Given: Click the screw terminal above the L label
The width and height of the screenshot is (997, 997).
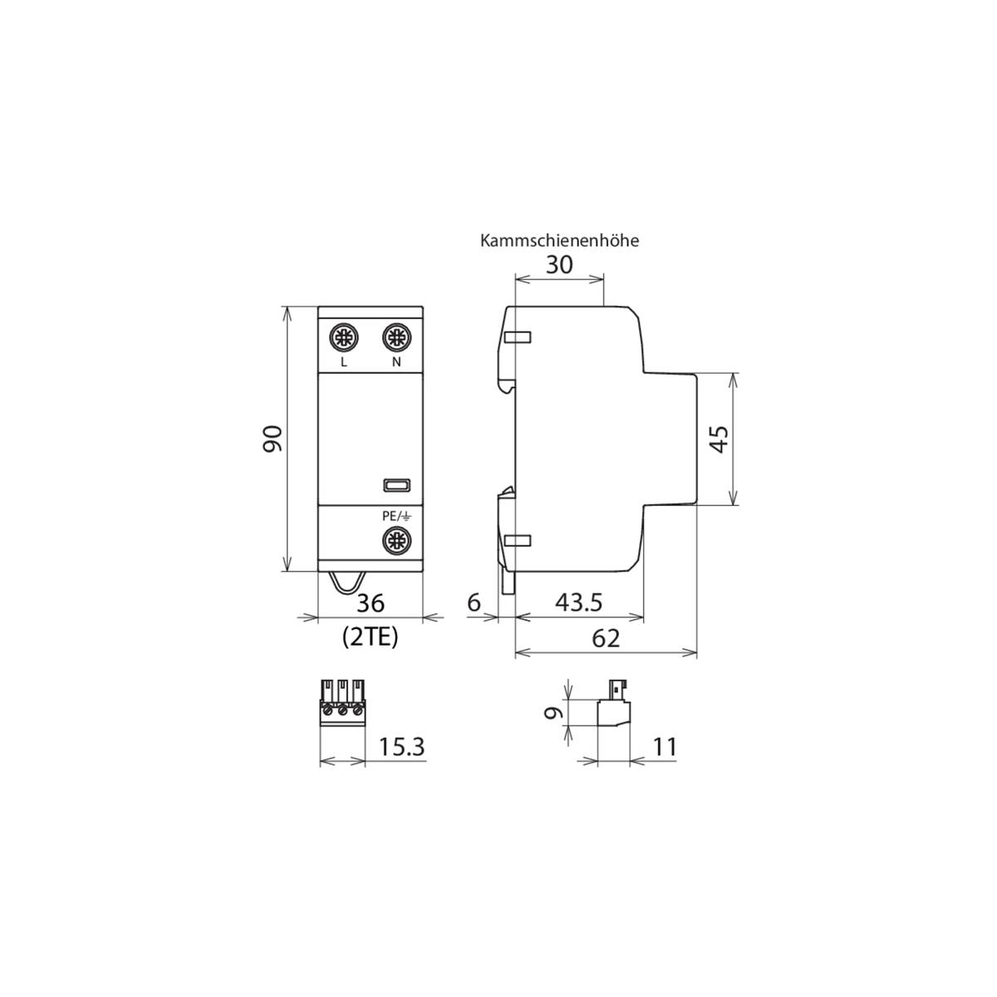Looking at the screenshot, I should pos(343,337).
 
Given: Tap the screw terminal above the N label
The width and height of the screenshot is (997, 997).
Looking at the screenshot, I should pos(396,337).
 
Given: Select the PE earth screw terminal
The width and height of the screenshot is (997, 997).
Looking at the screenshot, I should pos(396,542).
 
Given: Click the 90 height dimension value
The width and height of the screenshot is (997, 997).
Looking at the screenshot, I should pos(273,439).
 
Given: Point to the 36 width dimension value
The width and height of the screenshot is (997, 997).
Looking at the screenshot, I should pos(371,603).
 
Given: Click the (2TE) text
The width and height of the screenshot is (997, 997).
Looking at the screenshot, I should pos(371,637).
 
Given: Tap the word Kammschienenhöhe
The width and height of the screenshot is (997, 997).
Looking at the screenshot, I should pos(559,241).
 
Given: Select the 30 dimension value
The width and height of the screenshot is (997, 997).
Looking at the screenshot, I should pos(558,266).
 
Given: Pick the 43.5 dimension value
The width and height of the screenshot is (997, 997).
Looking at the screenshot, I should pos(579,603).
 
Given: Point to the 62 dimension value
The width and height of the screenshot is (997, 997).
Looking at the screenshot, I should pos(606,639).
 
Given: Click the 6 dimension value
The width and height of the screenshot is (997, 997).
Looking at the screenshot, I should pos(474,603).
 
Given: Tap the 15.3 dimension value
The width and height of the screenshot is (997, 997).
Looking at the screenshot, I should pos(402,748).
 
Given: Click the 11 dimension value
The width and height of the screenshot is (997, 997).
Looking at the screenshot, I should pos(665,748).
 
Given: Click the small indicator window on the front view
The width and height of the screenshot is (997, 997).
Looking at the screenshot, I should pos(395,485).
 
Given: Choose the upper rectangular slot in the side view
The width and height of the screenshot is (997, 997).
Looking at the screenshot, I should pos(518,337).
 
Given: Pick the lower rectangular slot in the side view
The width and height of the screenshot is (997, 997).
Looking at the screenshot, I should pos(518,542).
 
